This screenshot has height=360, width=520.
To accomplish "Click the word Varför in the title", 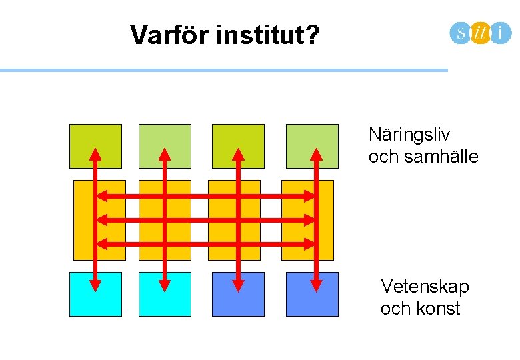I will point(170,35).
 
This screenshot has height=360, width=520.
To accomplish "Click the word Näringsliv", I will point(409,135).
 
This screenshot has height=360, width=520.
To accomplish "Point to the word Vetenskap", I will point(425,287).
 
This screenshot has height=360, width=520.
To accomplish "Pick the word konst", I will point(441,309).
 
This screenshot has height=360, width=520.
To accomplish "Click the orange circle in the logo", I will point(480,32).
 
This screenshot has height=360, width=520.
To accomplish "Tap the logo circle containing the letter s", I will point(461,32).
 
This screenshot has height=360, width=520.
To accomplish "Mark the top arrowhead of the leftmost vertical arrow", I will point(95,154).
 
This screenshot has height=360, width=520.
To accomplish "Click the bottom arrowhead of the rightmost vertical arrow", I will point(316,285).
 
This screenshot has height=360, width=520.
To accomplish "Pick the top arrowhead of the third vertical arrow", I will point(237,154).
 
